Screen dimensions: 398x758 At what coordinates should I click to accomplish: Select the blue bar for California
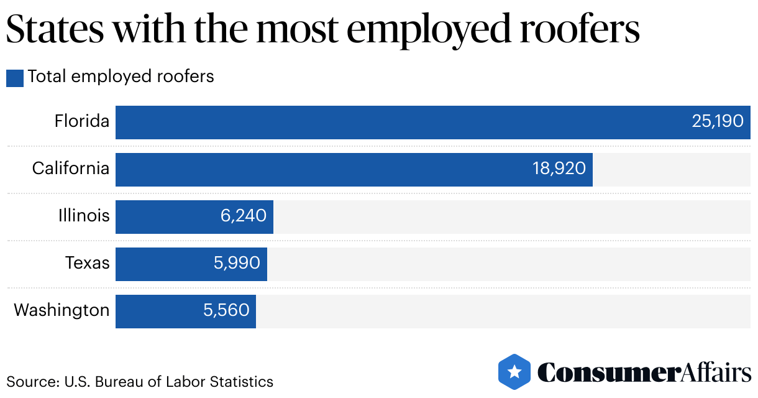point(323,169)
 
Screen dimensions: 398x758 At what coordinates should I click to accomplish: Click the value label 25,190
point(718,121)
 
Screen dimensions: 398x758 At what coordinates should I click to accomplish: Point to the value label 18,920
point(559,169)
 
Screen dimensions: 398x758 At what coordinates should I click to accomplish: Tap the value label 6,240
point(243,216)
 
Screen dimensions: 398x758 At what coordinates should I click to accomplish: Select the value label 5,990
point(237,263)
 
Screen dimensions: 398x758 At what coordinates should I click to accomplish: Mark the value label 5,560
point(226,310)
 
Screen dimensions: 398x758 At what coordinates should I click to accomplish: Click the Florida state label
point(82,121)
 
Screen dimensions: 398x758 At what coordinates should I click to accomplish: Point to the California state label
point(71,169)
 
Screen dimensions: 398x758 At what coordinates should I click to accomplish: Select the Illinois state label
point(84,216)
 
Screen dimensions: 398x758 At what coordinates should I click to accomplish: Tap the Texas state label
point(88,263)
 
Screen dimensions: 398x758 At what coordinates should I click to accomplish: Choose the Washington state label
point(62,310)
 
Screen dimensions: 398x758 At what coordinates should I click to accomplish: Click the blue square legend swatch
point(15,78)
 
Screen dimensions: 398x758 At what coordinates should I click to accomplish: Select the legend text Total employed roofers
point(121,76)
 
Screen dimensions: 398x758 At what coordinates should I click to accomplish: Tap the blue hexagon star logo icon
point(514,372)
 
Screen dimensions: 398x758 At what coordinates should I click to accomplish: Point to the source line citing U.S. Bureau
point(140,381)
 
